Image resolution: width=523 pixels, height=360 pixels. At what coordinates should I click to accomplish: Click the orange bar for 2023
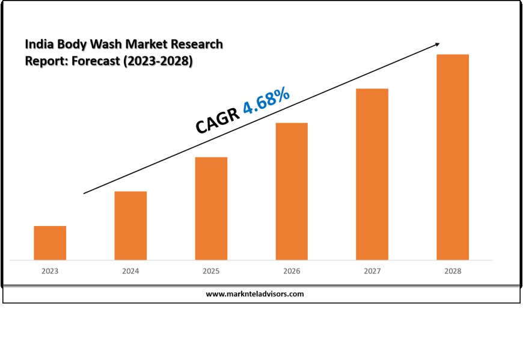pos(50,243)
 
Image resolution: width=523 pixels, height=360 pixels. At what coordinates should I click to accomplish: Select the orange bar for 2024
pos(130,225)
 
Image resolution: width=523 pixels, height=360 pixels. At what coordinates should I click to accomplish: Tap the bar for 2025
pos(211,209)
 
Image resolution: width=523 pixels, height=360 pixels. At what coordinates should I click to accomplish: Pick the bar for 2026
pos(292,191)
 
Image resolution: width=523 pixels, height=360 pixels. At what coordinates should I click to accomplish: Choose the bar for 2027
pos(372,174)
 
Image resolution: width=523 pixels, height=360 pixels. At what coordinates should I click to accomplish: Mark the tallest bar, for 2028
pos(453,157)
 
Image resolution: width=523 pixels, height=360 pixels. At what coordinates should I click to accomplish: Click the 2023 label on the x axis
pos(50,272)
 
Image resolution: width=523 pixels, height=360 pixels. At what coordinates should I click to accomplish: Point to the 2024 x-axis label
pos(130,272)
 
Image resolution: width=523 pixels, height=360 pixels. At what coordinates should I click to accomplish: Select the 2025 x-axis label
pos(211,272)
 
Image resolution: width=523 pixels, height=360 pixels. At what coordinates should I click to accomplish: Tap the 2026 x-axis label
pos(292,272)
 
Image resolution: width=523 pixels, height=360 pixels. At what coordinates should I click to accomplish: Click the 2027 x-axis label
pos(372,272)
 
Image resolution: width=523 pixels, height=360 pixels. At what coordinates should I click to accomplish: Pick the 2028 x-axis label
pos(453,272)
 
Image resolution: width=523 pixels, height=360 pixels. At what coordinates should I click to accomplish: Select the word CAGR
pos(218,121)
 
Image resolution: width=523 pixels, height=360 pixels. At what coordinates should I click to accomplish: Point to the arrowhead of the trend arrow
pos(437,44)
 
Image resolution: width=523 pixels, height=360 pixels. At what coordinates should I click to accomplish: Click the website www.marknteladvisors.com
pos(255,294)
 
